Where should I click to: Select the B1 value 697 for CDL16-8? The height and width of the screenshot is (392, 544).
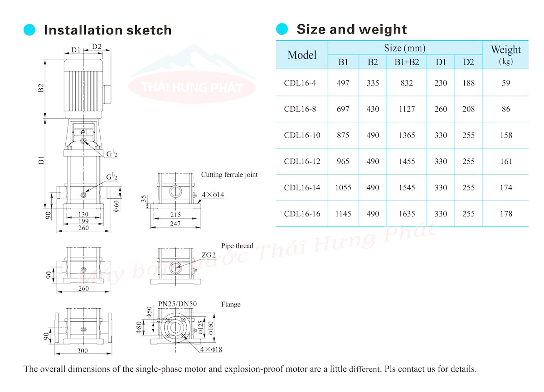pos(343,109)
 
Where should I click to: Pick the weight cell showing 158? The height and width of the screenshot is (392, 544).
pos(506,135)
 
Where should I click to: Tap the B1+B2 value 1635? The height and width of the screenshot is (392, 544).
pos(407,214)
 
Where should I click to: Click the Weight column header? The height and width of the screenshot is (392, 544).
pos(506,54)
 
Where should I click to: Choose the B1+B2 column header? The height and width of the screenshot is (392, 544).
pos(407,62)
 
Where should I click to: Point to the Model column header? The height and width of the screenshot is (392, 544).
pos(302,55)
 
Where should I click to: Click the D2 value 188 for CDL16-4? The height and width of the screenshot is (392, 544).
pos(469,83)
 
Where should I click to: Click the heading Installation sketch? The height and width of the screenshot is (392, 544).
pos(107,30)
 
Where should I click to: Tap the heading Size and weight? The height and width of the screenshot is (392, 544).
pos(351,29)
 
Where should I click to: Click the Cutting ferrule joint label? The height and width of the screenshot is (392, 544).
pos(229,175)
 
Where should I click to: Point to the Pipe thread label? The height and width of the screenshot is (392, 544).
pos(237,246)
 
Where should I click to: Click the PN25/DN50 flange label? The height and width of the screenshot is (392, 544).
pos(177,303)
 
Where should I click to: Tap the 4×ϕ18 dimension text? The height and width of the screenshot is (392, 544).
pos(211,349)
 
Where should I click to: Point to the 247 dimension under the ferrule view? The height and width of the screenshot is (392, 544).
pos(175,224)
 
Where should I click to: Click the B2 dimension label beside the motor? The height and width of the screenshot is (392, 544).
pos(41,88)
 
